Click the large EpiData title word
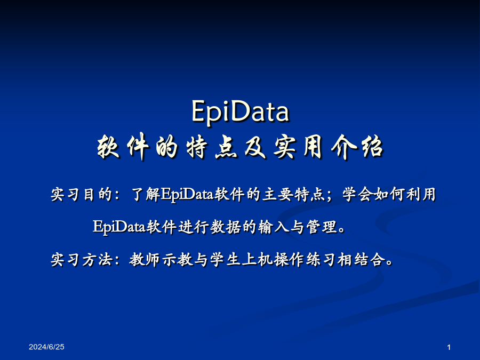[241, 111]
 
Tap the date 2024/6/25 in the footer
[46, 347]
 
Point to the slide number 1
[449, 347]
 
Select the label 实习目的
[82, 194]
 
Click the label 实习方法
[82, 260]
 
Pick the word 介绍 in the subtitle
[357, 147]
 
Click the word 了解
[145, 194]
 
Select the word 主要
[277, 194]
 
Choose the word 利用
[421, 194]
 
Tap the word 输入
[273, 227]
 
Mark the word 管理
[321, 227]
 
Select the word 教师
[145, 260]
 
